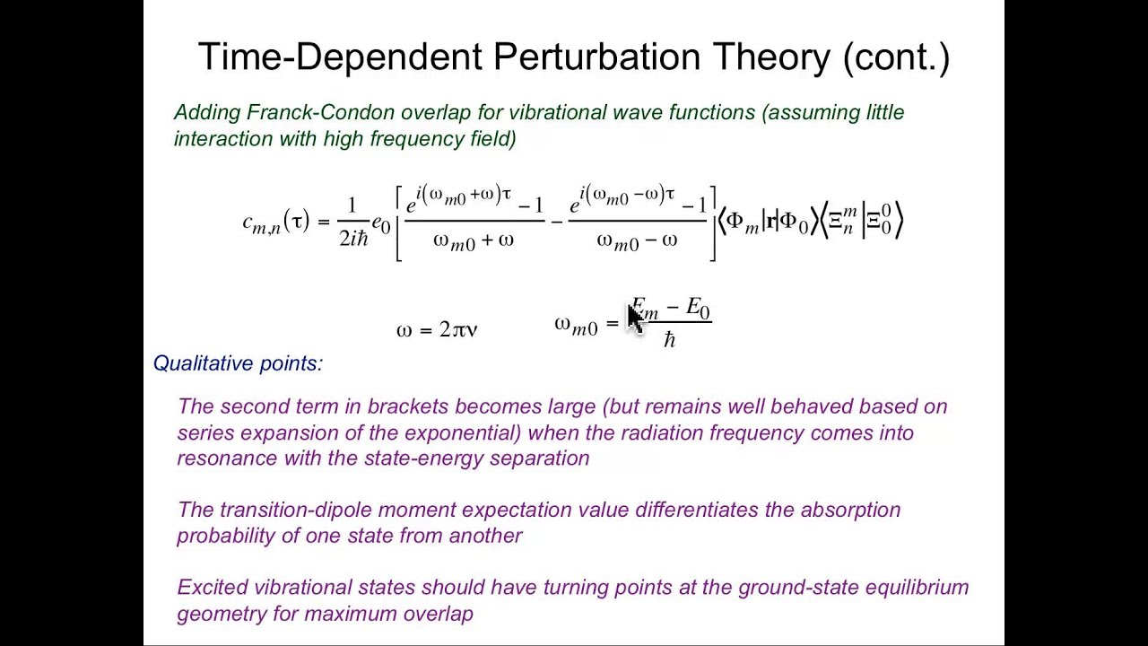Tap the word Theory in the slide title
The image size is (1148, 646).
point(772,57)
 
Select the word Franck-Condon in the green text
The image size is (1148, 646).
point(320,112)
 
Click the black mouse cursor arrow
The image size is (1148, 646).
point(634,318)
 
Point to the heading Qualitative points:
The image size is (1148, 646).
point(238,362)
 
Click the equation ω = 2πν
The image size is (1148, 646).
point(437,330)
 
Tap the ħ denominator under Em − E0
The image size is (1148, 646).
point(669,340)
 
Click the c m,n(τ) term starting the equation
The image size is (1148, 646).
point(275,222)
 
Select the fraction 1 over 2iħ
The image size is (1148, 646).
point(352,222)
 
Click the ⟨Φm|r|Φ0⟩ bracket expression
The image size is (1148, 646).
point(766,222)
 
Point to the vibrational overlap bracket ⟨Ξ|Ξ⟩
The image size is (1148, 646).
point(860,222)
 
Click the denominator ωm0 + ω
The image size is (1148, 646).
point(473,241)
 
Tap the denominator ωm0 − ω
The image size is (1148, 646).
point(637,241)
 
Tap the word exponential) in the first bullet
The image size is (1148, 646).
point(463,432)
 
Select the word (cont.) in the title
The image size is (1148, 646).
point(896,57)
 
